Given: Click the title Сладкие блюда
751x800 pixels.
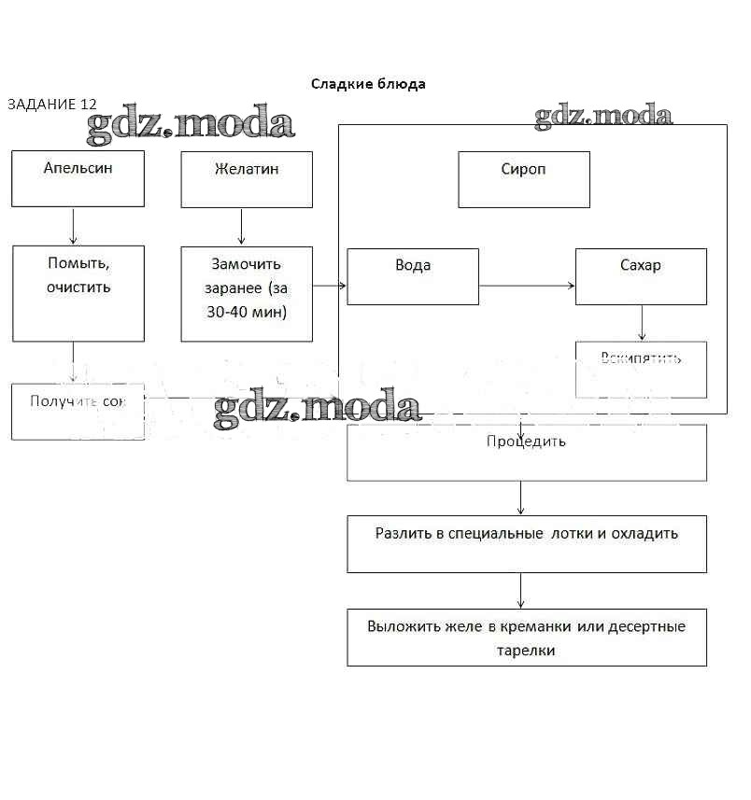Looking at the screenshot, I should click(368, 84).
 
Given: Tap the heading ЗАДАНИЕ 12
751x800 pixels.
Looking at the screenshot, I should click(51, 105).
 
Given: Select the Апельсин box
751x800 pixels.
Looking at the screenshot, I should click(78, 178).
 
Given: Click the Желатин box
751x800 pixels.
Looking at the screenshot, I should click(247, 179).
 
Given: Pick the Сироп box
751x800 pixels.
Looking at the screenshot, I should click(524, 179).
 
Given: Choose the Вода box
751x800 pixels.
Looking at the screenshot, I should click(413, 276).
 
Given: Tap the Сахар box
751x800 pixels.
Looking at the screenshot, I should click(641, 276).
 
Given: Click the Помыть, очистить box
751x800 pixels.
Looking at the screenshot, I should click(78, 293).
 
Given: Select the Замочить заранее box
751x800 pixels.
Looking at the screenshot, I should click(247, 293).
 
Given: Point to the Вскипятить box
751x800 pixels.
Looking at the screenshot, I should click(641, 370).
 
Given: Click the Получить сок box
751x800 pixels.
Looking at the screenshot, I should click(78, 411).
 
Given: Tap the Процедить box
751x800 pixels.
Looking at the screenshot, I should click(527, 453).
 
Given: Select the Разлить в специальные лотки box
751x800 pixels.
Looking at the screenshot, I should click(527, 543).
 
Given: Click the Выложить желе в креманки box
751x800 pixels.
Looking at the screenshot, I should click(527, 637).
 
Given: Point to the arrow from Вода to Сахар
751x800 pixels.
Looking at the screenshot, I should click(527, 286).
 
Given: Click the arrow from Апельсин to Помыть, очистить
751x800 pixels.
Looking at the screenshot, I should click(74, 226).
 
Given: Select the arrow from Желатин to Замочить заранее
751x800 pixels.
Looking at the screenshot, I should click(242, 226).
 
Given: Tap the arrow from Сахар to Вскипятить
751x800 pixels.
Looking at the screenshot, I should click(642, 323).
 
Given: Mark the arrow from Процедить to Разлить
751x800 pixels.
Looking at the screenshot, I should click(521, 498).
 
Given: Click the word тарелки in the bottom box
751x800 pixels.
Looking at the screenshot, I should click(527, 650).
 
